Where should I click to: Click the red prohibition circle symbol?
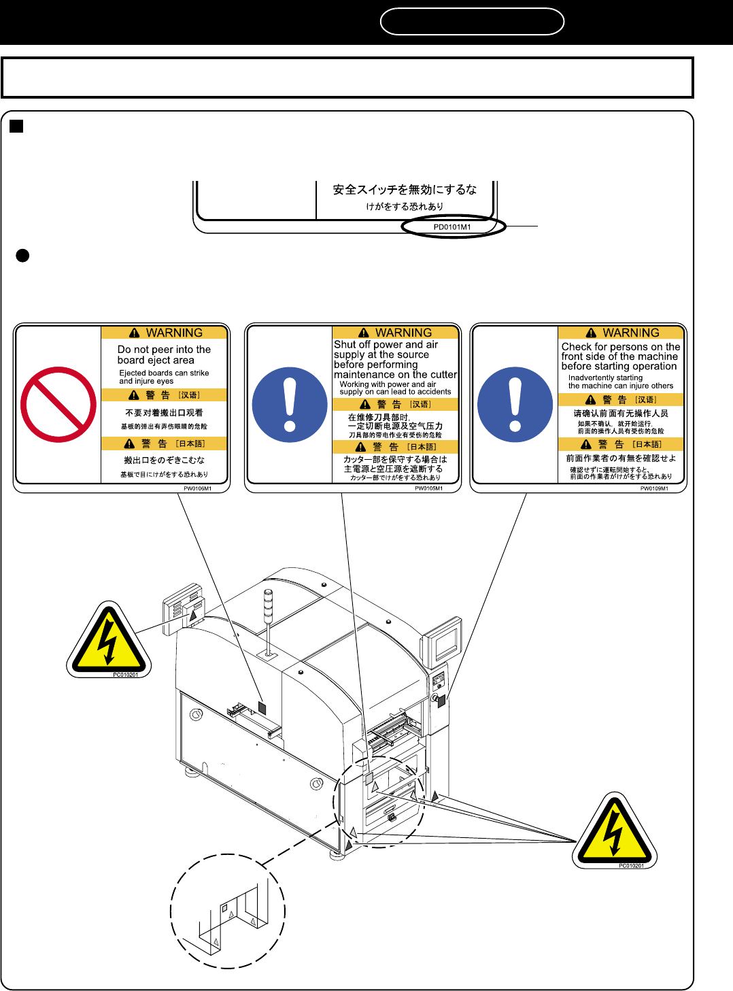(58, 405)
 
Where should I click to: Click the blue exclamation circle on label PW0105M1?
(290, 405)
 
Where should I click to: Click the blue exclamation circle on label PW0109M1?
(515, 405)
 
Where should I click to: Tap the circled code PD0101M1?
(453, 227)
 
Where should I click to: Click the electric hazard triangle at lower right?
(615, 831)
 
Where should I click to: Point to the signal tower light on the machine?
(268, 605)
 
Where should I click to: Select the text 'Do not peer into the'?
(164, 350)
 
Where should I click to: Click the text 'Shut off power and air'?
(386, 345)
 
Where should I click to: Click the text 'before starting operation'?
(619, 366)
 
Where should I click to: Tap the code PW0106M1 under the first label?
(197, 488)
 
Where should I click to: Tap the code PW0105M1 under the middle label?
(428, 488)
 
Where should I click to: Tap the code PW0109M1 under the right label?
(654, 488)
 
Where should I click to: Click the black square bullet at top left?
(17, 126)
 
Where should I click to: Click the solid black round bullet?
(22, 256)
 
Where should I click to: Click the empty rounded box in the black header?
(472, 21)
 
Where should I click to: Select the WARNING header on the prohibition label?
(165, 333)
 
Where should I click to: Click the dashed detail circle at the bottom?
(228, 911)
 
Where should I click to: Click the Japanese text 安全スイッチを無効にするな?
(405, 190)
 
